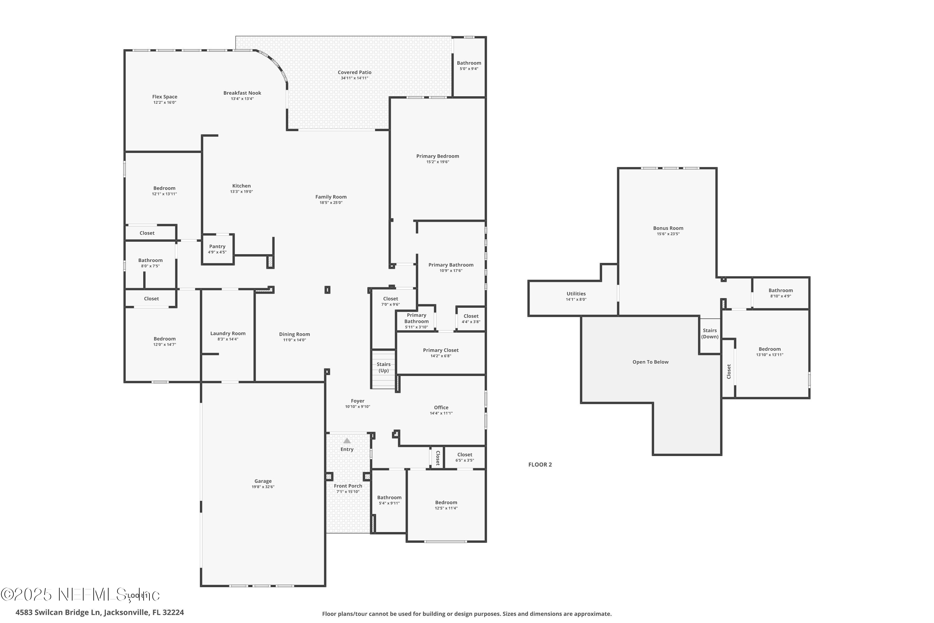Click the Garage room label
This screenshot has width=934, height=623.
click(x=263, y=481)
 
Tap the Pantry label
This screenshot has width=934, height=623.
click(x=217, y=246)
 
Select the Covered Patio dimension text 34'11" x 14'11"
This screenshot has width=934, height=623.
click(x=354, y=78)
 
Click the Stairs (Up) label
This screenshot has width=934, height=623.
click(x=383, y=367)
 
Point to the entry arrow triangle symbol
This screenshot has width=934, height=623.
click(x=347, y=441)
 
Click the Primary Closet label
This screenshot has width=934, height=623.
click(x=441, y=350)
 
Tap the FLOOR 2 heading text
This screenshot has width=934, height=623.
click(x=540, y=464)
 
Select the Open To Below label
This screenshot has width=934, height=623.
click(x=650, y=362)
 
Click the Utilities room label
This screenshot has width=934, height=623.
click(x=576, y=294)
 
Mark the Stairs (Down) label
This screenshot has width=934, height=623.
click(x=710, y=333)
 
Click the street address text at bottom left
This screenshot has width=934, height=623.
click(x=100, y=612)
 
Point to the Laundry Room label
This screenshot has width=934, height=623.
click(x=228, y=333)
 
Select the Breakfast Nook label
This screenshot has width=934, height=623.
click(x=242, y=93)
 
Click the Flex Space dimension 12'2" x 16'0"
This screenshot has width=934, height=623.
click(x=164, y=102)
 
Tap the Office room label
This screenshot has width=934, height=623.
click(x=441, y=407)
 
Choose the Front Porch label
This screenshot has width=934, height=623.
click(x=348, y=486)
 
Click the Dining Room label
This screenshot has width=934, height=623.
click(x=294, y=334)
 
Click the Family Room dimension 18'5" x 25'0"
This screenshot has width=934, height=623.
click(x=331, y=203)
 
